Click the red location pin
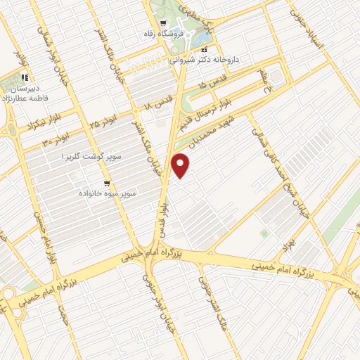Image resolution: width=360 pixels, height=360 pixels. click(181, 165)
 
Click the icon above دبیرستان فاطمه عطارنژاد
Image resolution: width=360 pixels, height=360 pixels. click(25, 77)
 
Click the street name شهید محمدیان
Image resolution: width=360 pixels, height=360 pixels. click(213, 129)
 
